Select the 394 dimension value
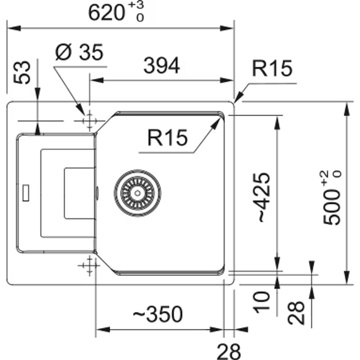tap(162, 66)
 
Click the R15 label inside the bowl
tap(167, 138)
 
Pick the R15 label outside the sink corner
tap(272, 69)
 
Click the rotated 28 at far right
tap(297, 313)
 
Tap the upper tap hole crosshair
tap(89, 121)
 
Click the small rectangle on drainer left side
tap(26, 192)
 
